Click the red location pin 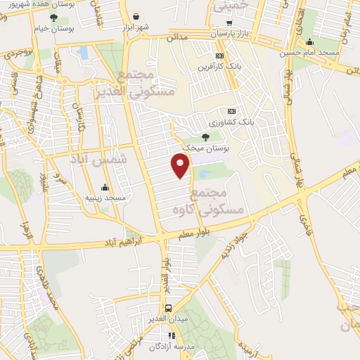tap(181, 165)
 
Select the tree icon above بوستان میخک tap(205, 136)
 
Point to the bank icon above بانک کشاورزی tap(232, 111)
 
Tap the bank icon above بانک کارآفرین tap(220, 56)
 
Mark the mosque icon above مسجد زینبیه tap(105, 188)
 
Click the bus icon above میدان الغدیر tap(169, 308)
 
